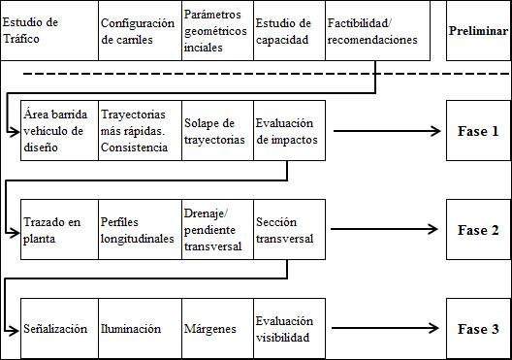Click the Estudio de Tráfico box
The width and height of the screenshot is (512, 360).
[x=48, y=31]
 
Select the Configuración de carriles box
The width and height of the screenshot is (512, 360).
[x=139, y=31]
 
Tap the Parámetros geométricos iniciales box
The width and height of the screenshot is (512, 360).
[x=216, y=31]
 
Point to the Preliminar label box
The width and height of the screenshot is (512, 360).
[x=478, y=31]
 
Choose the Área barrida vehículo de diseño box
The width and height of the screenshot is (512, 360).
[x=59, y=131]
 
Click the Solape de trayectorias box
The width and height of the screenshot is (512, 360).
[x=216, y=131]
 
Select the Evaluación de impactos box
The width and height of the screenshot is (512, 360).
[x=292, y=131]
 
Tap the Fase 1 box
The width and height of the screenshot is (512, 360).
[x=478, y=131]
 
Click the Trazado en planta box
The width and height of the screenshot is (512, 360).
[x=59, y=230]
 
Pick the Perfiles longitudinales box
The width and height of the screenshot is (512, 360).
[x=139, y=230]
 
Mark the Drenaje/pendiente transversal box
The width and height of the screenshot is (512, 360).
[x=216, y=230]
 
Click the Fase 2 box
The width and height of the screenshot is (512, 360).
[x=478, y=230]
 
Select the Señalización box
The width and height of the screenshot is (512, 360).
[x=59, y=329]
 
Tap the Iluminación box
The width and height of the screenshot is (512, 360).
[x=139, y=329]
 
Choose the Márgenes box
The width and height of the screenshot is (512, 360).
[x=216, y=329]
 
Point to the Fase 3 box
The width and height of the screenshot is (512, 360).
[x=478, y=329]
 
